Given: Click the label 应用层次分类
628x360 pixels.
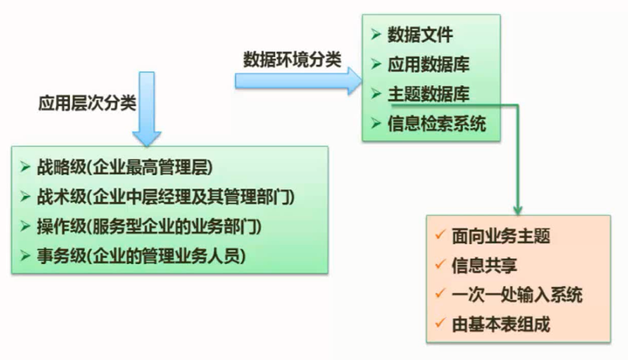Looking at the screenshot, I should pos(88,103).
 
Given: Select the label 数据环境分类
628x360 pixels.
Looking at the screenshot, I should pos(293,59).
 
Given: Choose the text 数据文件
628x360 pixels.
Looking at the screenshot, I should pos(420,35).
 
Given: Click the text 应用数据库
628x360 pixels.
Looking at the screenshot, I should pos(429,64).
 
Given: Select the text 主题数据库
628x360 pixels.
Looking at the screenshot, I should pos(429,93).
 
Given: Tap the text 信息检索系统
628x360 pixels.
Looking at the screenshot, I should pos(437,123).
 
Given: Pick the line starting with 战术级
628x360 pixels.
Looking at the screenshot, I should pos(164,196).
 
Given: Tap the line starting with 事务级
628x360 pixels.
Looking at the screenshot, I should pos(142,255).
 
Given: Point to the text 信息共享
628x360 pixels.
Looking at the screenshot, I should pos(483,266).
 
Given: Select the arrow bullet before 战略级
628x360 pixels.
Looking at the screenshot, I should pos(25,167).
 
